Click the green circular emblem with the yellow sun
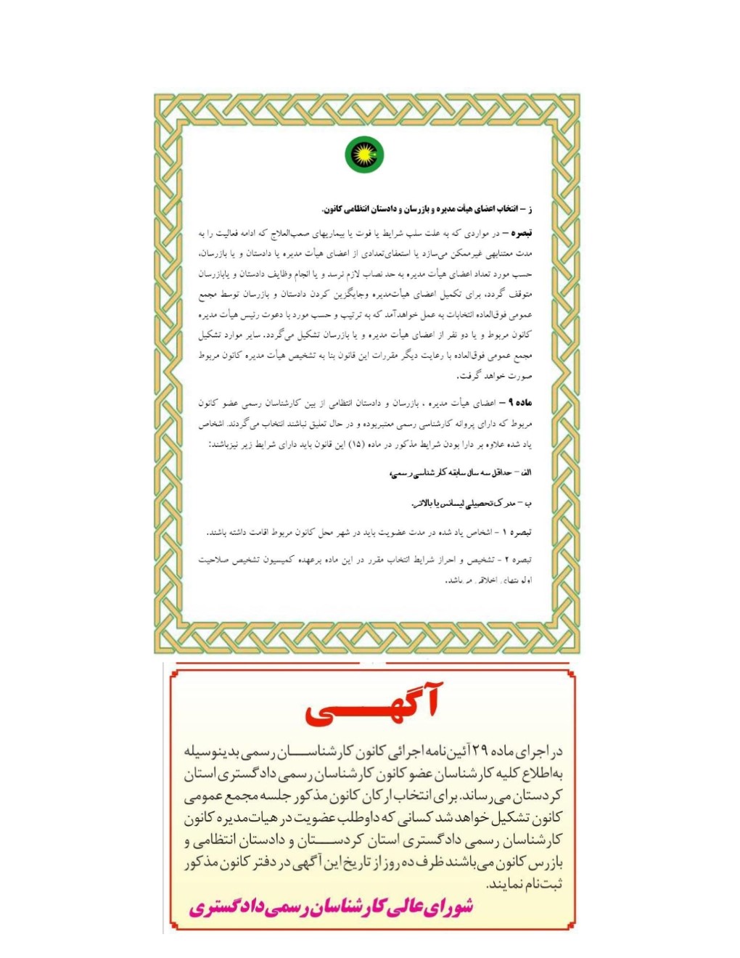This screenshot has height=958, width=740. click(x=364, y=155)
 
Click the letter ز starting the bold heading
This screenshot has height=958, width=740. click(x=530, y=210)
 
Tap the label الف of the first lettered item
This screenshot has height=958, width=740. click(x=525, y=473)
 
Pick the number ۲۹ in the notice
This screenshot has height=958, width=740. click(x=480, y=750)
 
